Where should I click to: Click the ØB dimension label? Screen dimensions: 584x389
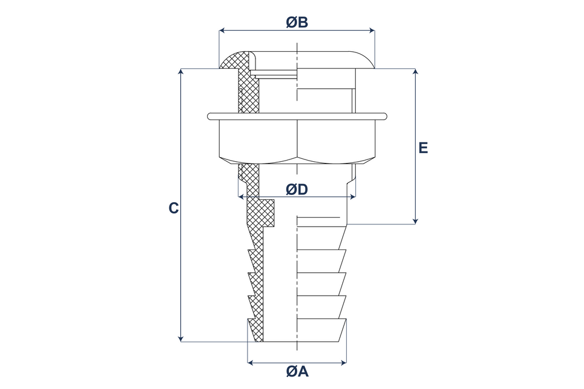coord(297,22)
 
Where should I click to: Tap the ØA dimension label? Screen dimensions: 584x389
coord(297,371)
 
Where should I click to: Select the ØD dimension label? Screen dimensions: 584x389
coord(297,190)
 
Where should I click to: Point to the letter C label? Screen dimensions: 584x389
coord(174,208)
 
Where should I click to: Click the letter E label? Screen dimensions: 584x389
coord(423,148)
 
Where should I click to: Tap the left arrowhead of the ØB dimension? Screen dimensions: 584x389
coord(222,31)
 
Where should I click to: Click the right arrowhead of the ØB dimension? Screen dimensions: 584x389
coord(371,31)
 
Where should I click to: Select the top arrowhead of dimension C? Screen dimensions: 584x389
coord(181,72)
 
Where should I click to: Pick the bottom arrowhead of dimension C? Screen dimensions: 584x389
coord(181,338)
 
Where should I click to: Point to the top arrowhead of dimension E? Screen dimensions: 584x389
coord(416,72)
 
